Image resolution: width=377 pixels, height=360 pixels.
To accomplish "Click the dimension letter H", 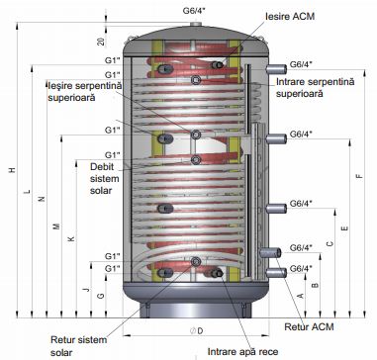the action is point(12,170).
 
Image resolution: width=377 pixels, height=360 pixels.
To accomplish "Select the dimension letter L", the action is point(28,191).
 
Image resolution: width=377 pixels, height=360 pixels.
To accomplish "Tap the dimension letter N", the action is point(42,199).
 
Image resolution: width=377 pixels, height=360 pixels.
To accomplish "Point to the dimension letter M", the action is point(57,226).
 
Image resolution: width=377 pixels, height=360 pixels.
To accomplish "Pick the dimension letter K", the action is point(71,238).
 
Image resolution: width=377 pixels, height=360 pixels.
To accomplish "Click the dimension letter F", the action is point(359,176).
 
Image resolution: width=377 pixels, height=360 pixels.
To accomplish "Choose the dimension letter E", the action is point(344,228).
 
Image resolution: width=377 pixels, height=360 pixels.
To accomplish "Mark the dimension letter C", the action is point(330,244).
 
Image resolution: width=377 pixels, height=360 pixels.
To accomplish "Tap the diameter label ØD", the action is point(196,331).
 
